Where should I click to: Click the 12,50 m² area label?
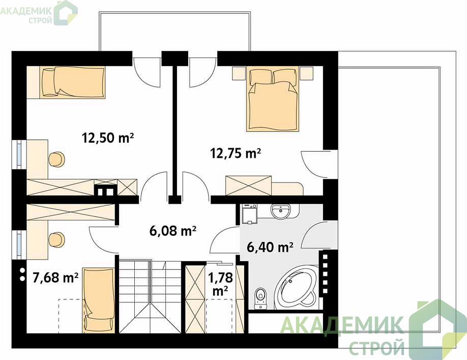tap(108, 139)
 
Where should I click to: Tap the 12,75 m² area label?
tap(236, 153)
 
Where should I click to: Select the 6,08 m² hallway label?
tap(173, 231)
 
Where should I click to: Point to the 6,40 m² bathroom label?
tap(270, 247)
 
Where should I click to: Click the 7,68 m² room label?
tap(55, 278)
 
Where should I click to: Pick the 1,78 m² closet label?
tap(220, 284)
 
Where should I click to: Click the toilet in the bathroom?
tap(260, 298)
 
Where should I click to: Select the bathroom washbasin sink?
tap(280, 211)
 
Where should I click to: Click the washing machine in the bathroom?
tap(250, 214)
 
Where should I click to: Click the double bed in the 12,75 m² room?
tap(273, 99)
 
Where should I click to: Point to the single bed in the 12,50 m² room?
tap(66, 82)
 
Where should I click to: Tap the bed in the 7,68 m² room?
tap(98, 300)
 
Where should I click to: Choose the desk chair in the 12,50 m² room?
tap(56, 159)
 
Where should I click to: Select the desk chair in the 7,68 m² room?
tap(56, 239)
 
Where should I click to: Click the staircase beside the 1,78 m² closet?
tap(150, 296)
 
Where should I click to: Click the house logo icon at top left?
tap(65, 13)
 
